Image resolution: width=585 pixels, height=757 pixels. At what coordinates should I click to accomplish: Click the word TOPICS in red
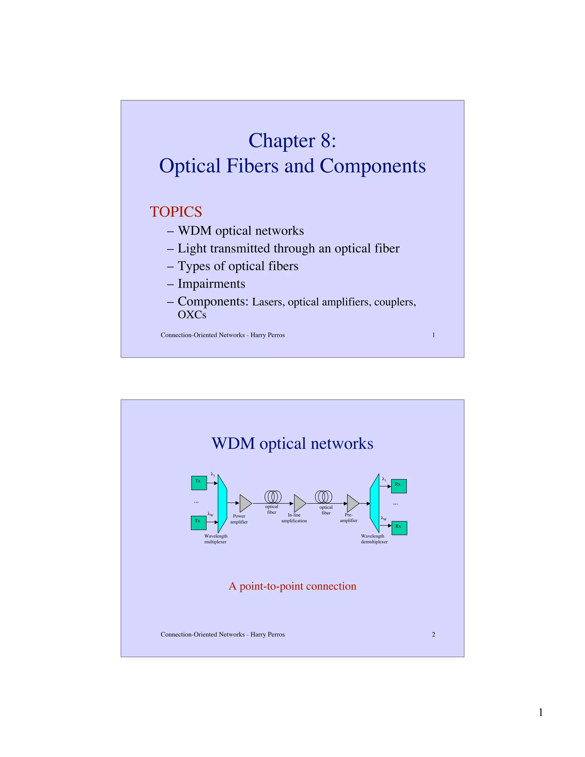point(176,212)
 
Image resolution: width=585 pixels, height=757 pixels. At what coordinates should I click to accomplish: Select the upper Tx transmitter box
point(199,483)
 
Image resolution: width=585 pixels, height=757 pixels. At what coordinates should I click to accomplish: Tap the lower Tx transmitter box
point(199,523)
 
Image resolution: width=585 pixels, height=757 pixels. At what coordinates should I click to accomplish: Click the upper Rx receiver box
point(398,486)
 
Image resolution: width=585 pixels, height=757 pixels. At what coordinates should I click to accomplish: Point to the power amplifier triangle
point(245,503)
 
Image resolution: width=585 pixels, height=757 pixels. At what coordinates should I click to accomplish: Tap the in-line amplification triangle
point(299,503)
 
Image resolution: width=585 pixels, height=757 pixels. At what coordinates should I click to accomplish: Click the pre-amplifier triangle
point(352,503)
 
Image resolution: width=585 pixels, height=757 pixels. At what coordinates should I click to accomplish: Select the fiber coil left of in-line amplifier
point(273,497)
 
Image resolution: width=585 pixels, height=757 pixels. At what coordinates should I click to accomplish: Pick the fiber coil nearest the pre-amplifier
point(323,497)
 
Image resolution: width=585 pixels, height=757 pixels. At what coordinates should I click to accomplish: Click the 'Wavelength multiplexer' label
point(216,539)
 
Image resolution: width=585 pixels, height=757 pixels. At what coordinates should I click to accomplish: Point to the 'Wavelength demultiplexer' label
point(374,539)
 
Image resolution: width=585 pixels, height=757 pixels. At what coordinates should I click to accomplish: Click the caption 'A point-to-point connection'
point(292,586)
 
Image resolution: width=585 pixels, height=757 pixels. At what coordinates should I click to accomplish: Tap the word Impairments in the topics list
point(211,284)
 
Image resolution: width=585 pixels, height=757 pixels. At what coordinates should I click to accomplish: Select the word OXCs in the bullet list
point(192,315)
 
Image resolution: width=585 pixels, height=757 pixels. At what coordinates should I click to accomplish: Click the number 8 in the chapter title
point(326,141)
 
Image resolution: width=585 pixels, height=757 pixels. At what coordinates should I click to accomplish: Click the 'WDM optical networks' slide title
point(292,443)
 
